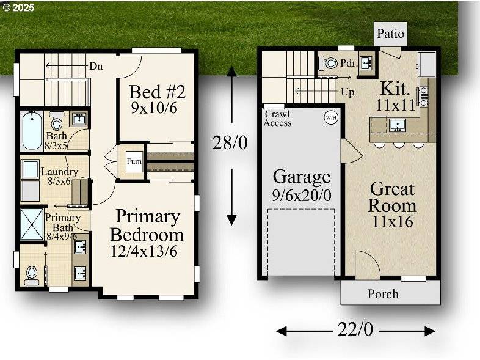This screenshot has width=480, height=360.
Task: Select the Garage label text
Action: pyautogui.click(x=302, y=177)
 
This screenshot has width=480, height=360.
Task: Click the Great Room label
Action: pyautogui.click(x=391, y=197)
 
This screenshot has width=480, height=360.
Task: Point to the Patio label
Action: pyautogui.click(x=390, y=34)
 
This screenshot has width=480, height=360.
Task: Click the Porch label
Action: pyautogui.click(x=383, y=294)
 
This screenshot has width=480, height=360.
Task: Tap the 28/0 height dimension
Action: pyautogui.click(x=230, y=143)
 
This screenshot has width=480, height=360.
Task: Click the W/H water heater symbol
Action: pyautogui.click(x=330, y=117)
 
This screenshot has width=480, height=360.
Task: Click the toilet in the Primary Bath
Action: pyautogui.click(x=31, y=274)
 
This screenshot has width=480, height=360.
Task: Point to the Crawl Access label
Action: pyautogui.click(x=278, y=119)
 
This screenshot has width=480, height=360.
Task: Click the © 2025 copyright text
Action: pyautogui.click(x=18, y=8)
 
